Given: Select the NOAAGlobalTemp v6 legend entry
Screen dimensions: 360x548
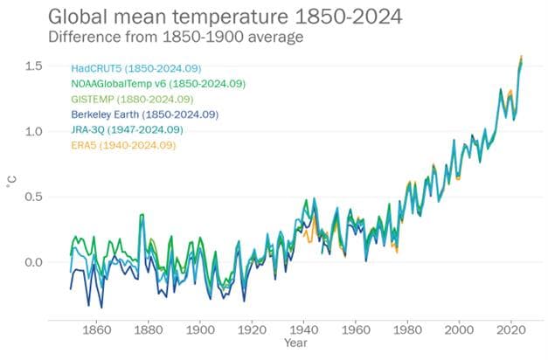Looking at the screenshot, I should point(158,84).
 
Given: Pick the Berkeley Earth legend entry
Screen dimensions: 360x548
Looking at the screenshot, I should point(145,114).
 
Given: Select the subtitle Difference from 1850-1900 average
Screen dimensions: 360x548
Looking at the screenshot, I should point(153,38).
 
